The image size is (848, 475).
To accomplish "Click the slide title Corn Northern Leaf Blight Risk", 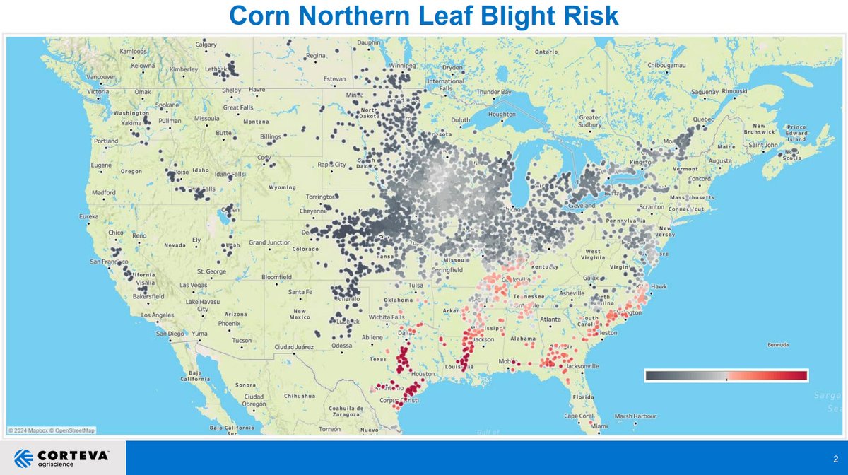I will click(424, 16).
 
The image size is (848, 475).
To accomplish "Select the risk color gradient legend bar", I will click(726, 375).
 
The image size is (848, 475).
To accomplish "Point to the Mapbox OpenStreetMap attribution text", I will click(52, 430).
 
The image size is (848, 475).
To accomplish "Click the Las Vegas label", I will click(194, 285).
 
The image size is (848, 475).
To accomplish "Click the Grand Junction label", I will click(269, 242).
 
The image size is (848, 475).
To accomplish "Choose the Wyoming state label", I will click(282, 187).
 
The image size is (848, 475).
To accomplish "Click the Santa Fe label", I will click(300, 292).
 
